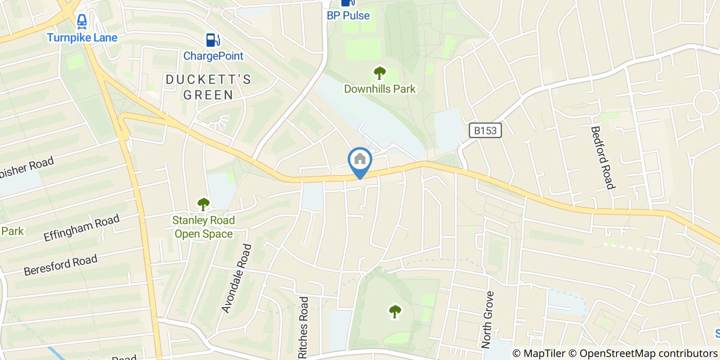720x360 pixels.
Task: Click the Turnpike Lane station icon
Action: click(x=82, y=21)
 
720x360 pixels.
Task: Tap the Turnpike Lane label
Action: click(x=82, y=38)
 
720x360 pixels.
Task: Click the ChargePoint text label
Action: click(x=213, y=56)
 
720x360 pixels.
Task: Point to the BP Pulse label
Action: click(x=348, y=15)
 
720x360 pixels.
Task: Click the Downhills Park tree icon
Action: click(x=380, y=73)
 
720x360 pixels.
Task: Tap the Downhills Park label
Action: click(x=380, y=89)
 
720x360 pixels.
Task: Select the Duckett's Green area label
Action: click(x=208, y=87)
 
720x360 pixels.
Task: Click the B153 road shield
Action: click(x=485, y=131)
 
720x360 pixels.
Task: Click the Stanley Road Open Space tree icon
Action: click(x=204, y=204)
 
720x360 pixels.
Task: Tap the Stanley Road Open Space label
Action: click(x=204, y=227)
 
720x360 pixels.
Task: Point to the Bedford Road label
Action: click(x=603, y=157)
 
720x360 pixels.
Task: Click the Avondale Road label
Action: click(x=237, y=278)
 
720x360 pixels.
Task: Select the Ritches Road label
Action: click(x=303, y=327)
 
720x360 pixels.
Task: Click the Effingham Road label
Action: click(x=81, y=228)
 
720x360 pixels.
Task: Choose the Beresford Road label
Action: click(x=60, y=265)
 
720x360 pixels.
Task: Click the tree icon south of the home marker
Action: click(x=394, y=311)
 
